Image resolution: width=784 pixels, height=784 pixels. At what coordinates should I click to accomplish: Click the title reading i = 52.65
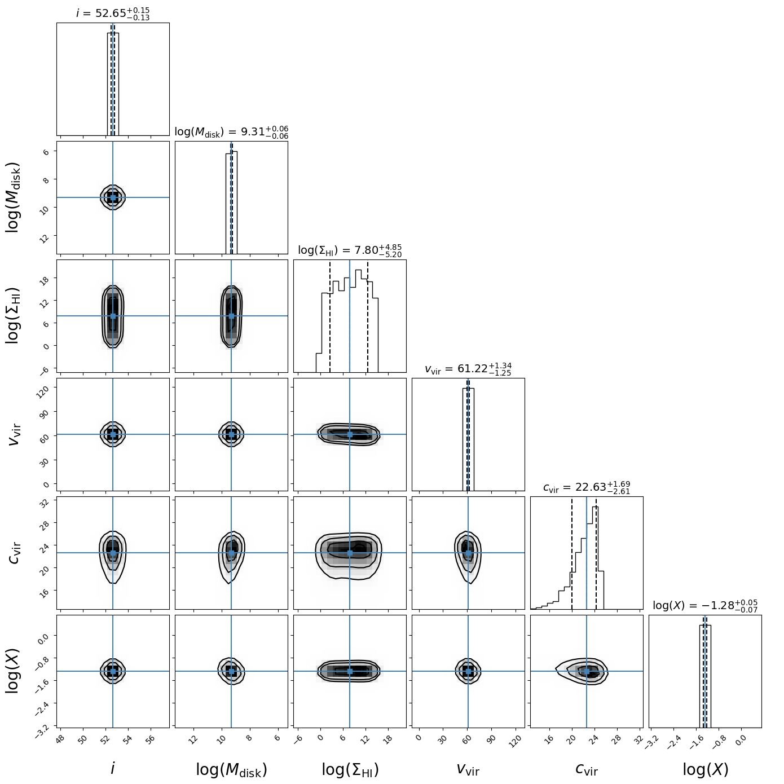coord(113,13)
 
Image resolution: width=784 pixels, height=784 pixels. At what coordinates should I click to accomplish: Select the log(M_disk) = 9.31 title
coord(231,132)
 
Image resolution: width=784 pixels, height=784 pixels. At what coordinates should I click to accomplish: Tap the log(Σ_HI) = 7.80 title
coord(350,250)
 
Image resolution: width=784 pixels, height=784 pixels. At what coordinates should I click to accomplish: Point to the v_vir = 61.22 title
coord(468,369)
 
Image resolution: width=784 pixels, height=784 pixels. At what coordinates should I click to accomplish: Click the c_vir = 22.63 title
coord(587,487)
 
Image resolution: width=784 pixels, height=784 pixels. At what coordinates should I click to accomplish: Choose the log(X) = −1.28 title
coord(705,606)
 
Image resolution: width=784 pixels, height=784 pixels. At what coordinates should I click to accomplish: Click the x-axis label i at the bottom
coord(113,768)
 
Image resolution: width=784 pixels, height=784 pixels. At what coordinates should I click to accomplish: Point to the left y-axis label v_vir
coord(15,434)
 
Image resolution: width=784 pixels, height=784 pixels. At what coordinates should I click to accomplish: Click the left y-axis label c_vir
coord(15,553)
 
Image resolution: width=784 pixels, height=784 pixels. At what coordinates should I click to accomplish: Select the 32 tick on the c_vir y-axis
coord(45,501)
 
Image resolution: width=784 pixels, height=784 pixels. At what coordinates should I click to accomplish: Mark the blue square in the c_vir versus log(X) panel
coord(587,671)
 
